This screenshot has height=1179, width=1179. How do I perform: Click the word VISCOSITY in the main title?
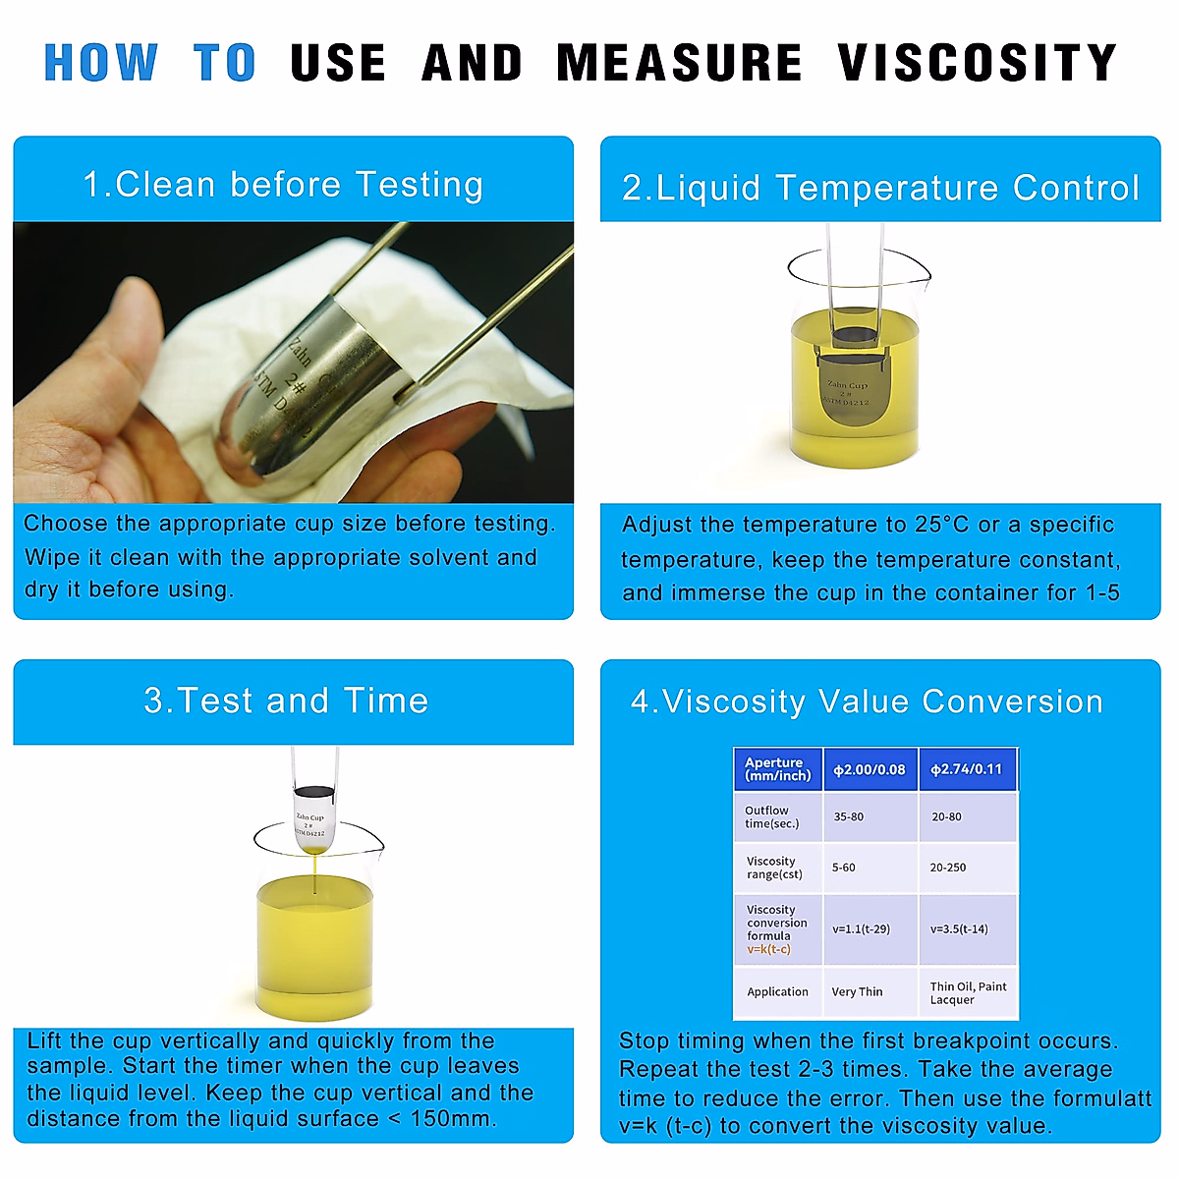pos(977,63)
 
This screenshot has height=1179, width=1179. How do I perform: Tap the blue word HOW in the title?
pos(100,63)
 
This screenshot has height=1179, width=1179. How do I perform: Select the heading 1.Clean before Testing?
pos(283,185)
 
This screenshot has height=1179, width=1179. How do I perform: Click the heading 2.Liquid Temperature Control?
pos(880,188)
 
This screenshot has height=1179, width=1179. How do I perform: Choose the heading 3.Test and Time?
pos(286,701)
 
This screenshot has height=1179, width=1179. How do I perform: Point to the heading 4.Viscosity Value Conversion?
pos(867,702)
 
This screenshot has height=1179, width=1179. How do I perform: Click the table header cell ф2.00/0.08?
pos(869,769)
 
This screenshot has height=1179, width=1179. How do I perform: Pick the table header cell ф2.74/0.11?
pos(966,769)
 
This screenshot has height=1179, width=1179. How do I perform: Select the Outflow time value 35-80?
pos(848,816)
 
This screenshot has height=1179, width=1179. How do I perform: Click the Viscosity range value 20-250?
pos(947,868)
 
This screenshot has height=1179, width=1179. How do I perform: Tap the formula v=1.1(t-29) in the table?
pos(861,928)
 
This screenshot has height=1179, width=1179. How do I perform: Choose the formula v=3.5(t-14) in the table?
pos(959,928)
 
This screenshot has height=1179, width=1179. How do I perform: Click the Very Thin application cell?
pos(857,992)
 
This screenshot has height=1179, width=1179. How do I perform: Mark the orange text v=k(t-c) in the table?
pos(768,949)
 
